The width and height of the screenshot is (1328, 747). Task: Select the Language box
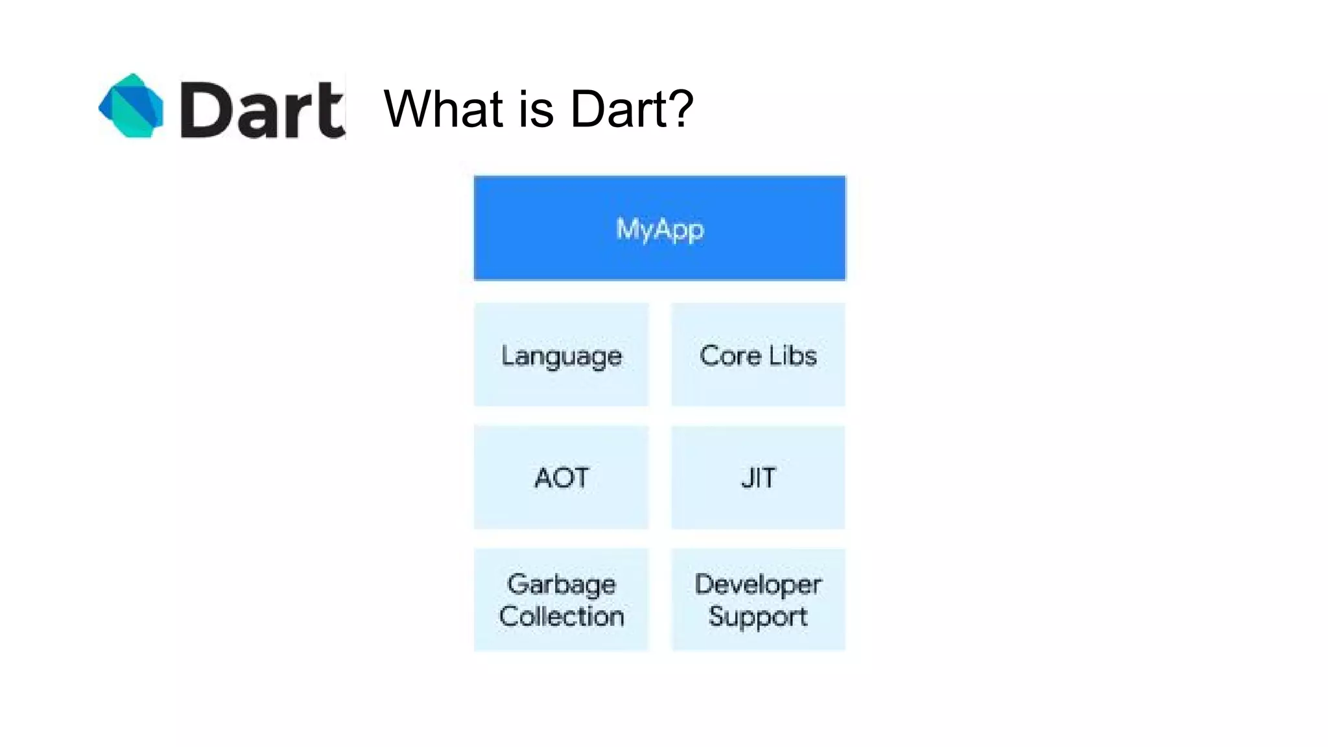561,355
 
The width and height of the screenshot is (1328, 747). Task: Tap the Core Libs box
757,355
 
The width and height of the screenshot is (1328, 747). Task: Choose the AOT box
561,477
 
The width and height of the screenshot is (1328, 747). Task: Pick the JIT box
757,477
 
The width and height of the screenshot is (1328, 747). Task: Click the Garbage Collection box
561,599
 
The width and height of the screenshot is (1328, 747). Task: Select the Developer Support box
757,599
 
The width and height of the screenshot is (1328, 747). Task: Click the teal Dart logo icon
131,106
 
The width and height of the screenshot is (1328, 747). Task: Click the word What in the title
444,108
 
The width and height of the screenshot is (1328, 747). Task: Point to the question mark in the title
680,108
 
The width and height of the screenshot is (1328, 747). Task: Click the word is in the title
536,108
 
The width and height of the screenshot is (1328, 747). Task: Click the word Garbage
561,584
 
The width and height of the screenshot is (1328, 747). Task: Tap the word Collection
562,616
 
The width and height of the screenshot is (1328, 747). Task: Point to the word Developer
757,584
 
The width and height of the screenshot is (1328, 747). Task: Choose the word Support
757,616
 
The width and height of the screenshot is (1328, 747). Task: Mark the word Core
729,355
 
